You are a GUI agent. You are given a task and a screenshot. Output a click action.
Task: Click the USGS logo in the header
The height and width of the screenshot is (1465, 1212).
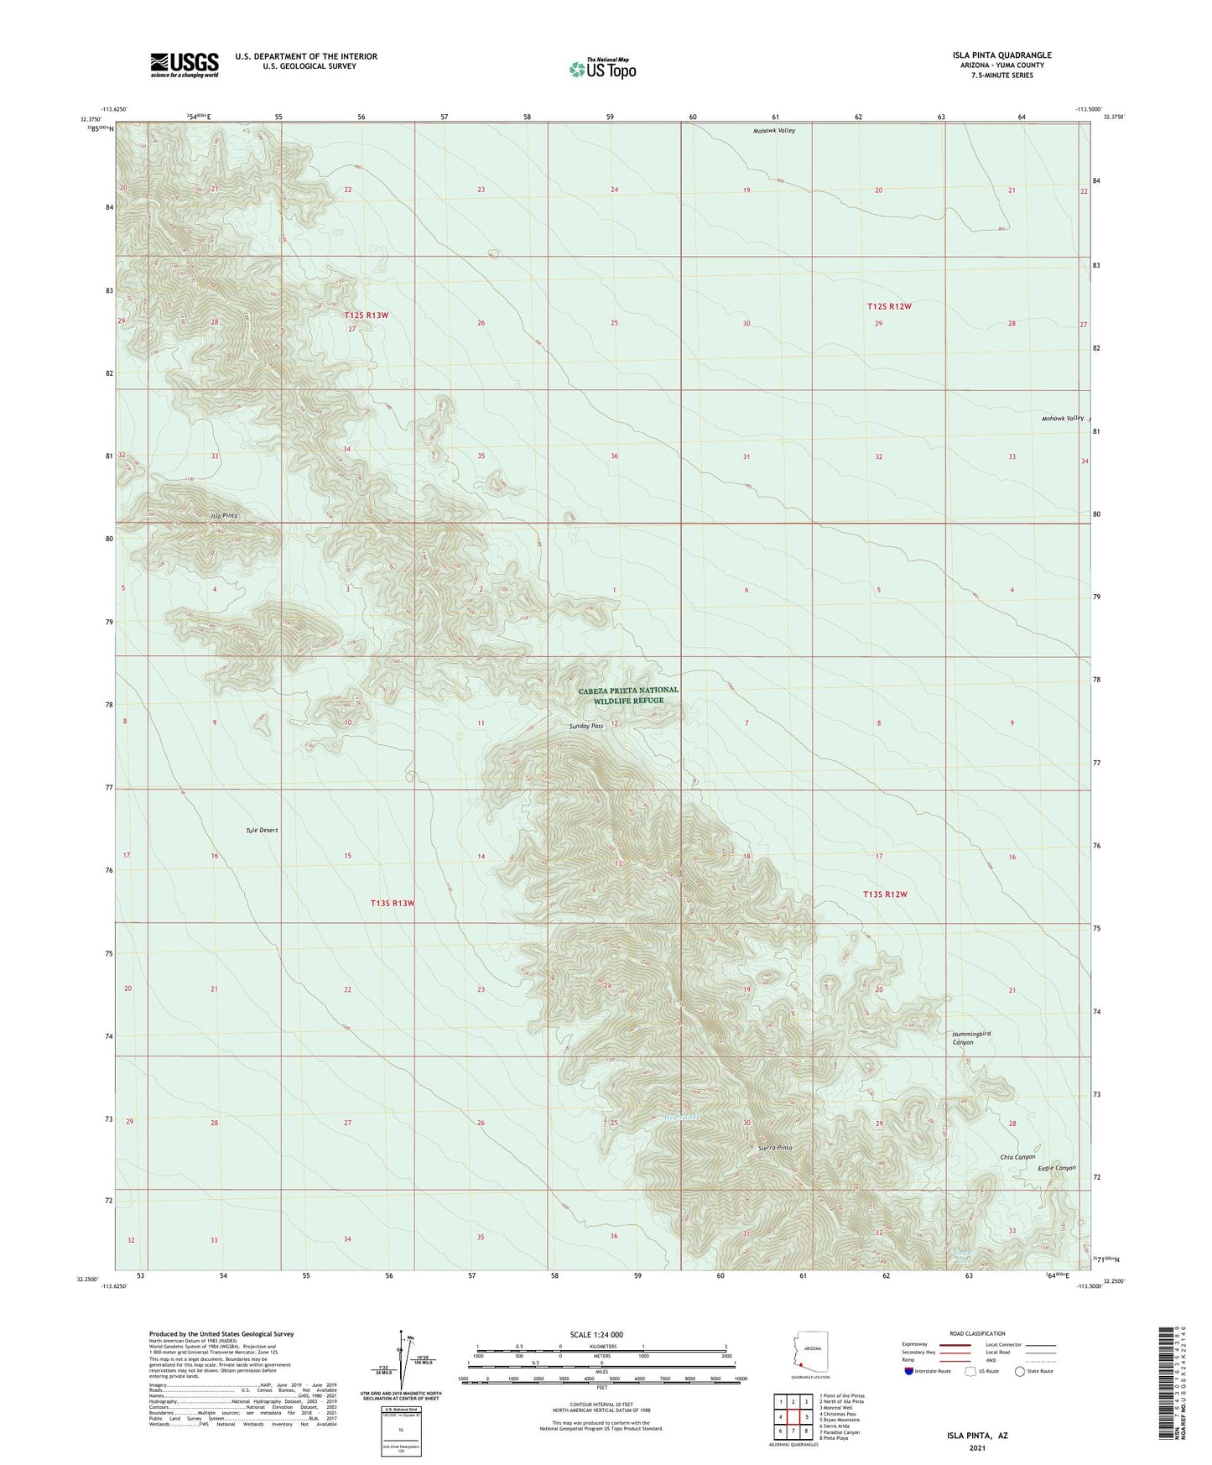185,65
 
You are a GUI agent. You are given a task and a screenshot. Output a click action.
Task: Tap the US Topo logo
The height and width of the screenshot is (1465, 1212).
601,69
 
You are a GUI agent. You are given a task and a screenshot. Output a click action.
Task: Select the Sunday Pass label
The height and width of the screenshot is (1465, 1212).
585,726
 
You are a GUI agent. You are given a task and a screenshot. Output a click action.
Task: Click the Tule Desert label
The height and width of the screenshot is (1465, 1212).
262,830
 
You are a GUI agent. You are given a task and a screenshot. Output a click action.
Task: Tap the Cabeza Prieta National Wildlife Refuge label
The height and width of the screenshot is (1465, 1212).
628,696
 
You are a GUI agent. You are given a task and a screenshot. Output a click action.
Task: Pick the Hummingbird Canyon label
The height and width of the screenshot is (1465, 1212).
972,1038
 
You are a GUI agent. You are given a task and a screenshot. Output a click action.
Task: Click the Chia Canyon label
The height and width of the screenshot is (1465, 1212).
1017,1157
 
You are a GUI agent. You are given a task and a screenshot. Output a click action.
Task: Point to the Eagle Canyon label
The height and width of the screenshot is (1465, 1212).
1056,1168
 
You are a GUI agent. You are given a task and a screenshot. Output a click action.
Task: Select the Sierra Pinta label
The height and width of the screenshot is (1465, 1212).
774,1147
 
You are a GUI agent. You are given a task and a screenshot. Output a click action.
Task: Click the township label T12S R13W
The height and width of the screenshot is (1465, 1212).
367,315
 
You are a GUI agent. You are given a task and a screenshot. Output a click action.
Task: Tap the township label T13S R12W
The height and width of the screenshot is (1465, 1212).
886,894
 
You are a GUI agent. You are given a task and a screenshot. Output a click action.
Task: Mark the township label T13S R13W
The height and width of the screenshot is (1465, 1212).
392,903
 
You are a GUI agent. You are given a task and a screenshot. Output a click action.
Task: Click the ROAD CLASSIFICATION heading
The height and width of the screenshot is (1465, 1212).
977,1333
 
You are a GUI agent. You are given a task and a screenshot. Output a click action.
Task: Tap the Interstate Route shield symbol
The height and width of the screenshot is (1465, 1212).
910,1371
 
